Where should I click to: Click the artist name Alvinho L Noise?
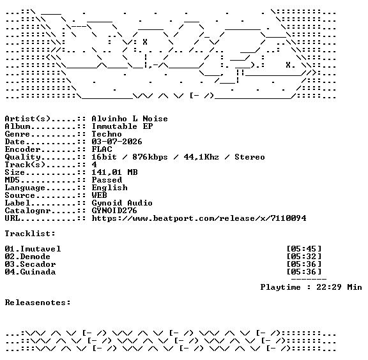[x=130, y=119]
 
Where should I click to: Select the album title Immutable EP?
[x=122, y=126]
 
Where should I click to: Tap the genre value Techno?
[x=107, y=134]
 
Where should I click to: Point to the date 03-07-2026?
[x=117, y=142]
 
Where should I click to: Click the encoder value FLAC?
[x=102, y=149]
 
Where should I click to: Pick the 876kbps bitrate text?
[x=150, y=157]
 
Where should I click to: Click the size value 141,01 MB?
[x=114, y=172]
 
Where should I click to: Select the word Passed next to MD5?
[x=107, y=180]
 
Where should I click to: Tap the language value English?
[x=110, y=188]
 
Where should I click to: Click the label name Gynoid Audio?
[x=122, y=203]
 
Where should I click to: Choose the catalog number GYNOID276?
[x=114, y=211]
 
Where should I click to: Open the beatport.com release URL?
[x=199, y=218]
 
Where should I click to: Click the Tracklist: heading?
[x=30, y=234]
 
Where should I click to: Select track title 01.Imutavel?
[x=33, y=248]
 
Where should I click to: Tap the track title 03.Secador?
[x=30, y=264]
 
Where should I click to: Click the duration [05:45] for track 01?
[x=304, y=248]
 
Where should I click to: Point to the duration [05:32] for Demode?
[x=304, y=257]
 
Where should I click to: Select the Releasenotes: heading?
[x=38, y=303]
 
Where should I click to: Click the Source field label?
[x=20, y=195]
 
